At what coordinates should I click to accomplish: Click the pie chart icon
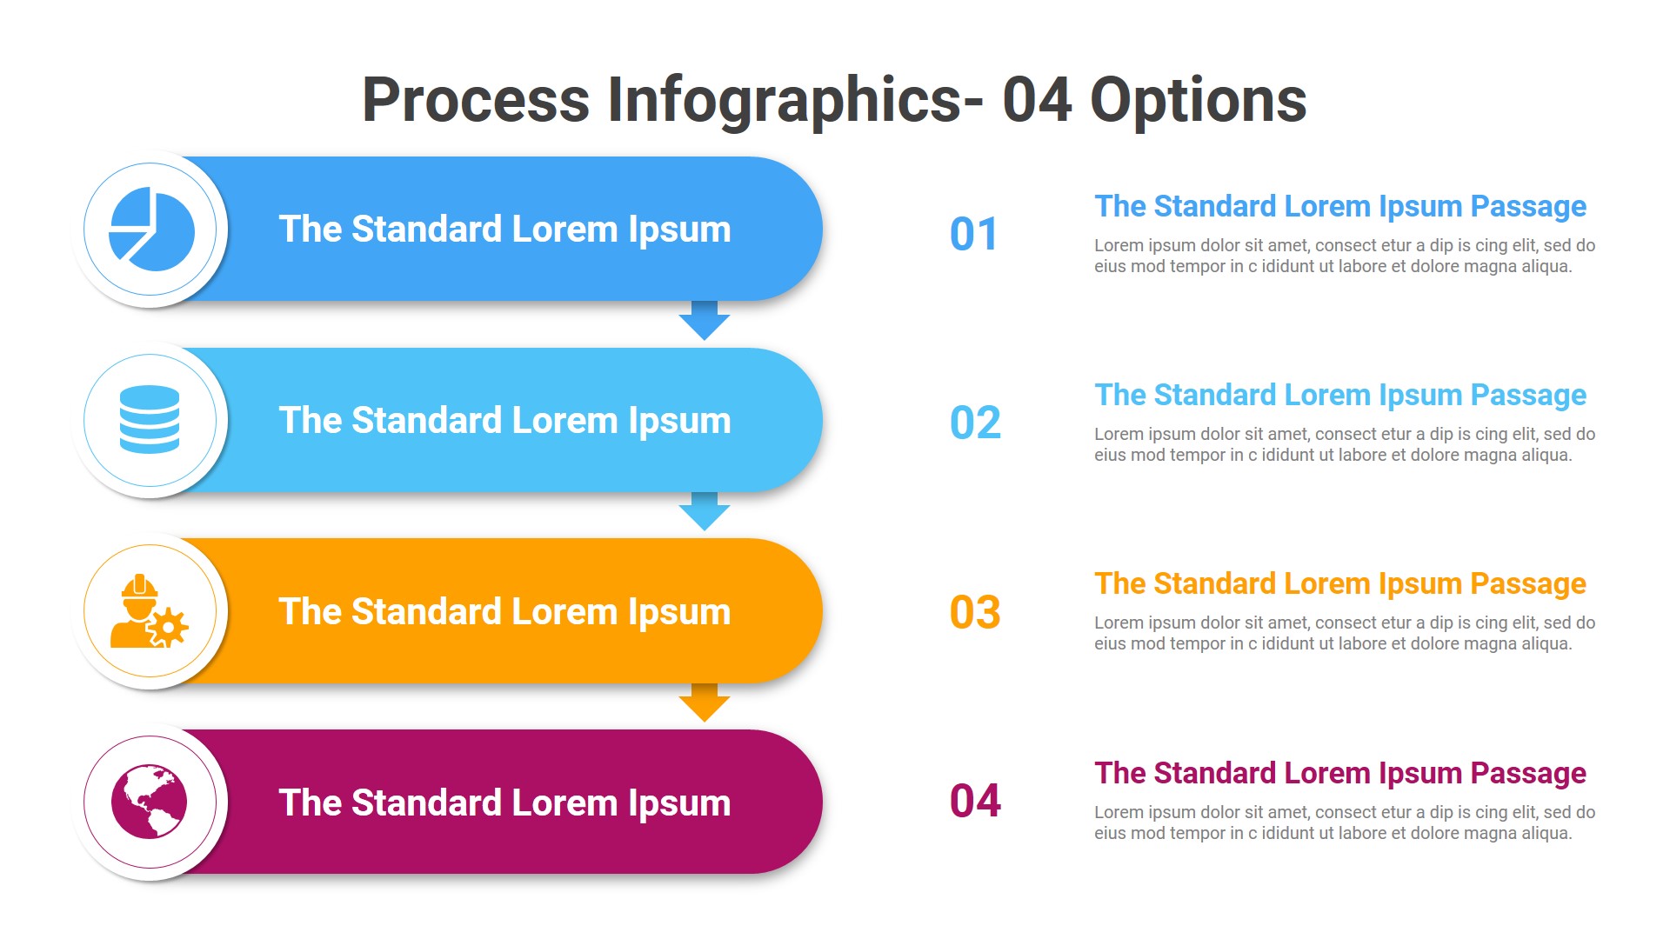click(150, 230)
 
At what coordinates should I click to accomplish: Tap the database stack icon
click(150, 420)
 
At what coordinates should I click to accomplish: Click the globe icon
click(150, 802)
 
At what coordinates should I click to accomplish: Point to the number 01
click(973, 234)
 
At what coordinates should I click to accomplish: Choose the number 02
click(975, 423)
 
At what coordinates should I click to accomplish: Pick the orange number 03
click(975, 612)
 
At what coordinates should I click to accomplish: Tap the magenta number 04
click(975, 801)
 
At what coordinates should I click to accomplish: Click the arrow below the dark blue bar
click(704, 322)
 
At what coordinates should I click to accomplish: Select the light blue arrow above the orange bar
click(704, 512)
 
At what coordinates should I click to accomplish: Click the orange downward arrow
click(704, 703)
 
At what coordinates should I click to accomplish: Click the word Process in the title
click(476, 100)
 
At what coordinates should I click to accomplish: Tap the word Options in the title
click(1198, 100)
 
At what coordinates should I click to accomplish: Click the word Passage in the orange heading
click(1528, 583)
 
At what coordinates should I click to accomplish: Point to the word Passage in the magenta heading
click(1528, 773)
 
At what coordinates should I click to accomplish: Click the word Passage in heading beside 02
click(1528, 395)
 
